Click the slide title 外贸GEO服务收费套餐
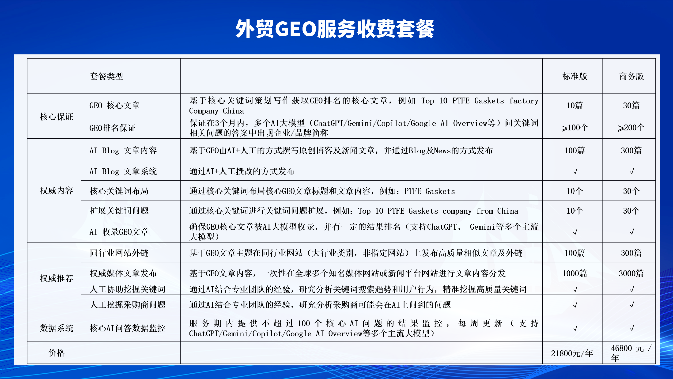(x=335, y=29)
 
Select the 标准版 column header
(x=575, y=76)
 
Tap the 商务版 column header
(x=631, y=76)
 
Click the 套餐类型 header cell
(x=106, y=76)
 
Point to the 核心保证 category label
(x=57, y=117)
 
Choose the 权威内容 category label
(x=57, y=190)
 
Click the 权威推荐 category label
(x=57, y=278)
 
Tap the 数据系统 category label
(x=57, y=328)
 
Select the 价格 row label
(x=57, y=353)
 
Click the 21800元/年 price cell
(x=572, y=353)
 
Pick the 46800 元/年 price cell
(x=631, y=353)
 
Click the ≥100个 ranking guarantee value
(x=575, y=128)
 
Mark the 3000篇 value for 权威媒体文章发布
(x=631, y=273)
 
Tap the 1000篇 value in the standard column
(x=575, y=273)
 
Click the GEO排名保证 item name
(x=113, y=128)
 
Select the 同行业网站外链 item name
(x=119, y=253)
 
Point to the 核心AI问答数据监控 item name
(x=128, y=328)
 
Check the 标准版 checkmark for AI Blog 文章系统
(x=575, y=171)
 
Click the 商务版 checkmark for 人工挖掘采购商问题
(x=632, y=305)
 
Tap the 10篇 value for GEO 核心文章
(x=575, y=105)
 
